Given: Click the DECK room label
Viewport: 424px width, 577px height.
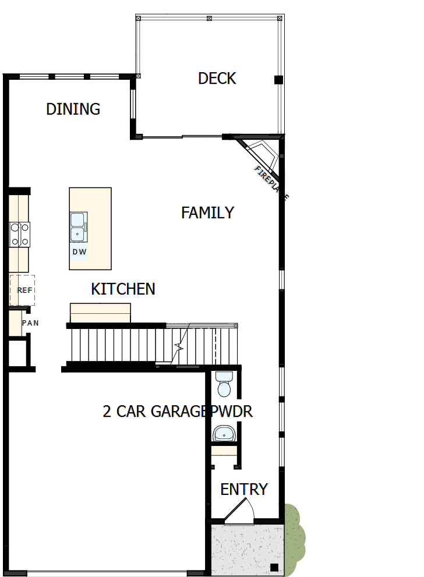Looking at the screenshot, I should click(217, 79).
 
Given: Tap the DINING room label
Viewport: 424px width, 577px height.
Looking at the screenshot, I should click(73, 109).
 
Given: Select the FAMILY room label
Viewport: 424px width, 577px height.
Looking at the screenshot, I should click(207, 213).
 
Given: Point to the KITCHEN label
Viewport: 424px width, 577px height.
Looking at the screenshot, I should click(123, 289).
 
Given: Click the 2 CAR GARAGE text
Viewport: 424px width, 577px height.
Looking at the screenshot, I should click(154, 412).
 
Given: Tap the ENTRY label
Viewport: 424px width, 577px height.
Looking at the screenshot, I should click(244, 490).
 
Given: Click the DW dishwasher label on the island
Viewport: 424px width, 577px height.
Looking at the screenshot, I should click(79, 252).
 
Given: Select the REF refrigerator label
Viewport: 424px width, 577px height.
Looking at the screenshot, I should click(24, 290).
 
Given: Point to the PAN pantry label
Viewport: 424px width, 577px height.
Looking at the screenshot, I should click(30, 323).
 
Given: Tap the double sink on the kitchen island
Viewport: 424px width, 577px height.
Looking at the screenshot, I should click(79, 226).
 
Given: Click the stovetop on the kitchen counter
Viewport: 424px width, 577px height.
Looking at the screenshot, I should click(20, 235).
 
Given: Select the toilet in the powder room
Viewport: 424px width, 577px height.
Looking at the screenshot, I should click(224, 385).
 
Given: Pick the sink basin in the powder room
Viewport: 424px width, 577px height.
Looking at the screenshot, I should click(224, 433).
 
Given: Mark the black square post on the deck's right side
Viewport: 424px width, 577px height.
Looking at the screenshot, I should click(278, 80).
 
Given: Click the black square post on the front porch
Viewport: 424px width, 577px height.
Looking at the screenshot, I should click(274, 567).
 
